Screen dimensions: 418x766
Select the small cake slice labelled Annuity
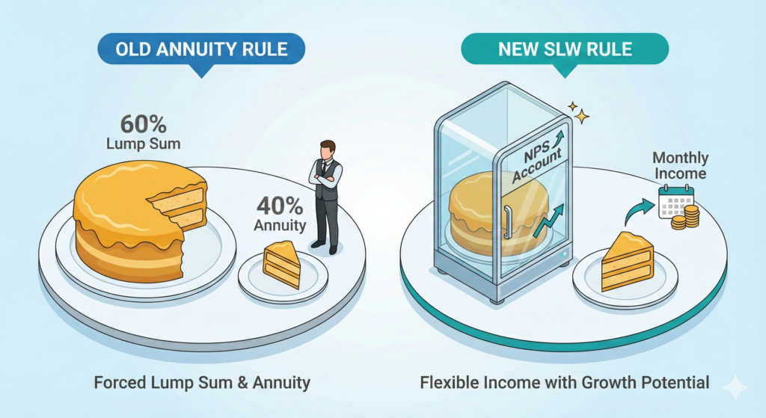point(282,265)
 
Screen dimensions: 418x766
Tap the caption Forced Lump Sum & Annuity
point(202,383)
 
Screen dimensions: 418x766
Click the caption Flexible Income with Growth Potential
point(564,383)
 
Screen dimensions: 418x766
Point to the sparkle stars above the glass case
point(579,111)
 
